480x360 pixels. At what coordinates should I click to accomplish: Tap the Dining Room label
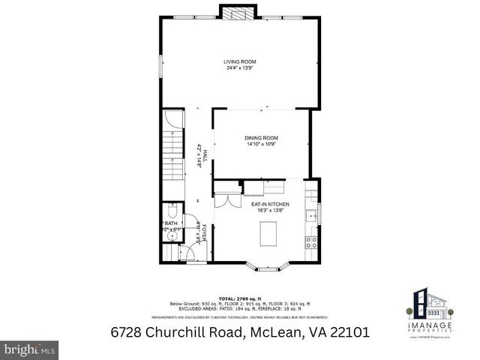[x=262, y=138]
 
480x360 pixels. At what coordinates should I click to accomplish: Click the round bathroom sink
[x=172, y=235]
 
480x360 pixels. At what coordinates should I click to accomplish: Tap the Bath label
[x=172, y=223]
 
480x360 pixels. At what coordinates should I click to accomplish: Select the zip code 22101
[x=344, y=331]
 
